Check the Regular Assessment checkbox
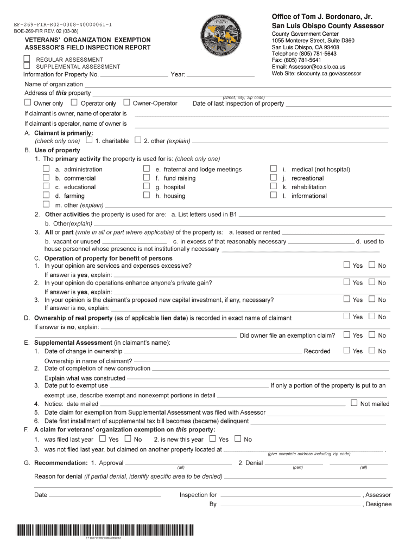coord(27,59)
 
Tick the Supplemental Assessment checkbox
coord(27,66)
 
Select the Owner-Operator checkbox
coord(127,102)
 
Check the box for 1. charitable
coord(89,140)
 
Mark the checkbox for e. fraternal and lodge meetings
coord(147,169)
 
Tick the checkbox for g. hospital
coord(147,186)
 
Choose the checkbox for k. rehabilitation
coord(274,186)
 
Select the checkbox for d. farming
coord(47,195)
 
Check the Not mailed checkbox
coord(354,403)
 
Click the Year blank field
coord(220,75)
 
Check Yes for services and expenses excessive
coord(347,265)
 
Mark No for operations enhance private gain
coord(372,282)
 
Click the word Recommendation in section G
coord(61,463)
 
